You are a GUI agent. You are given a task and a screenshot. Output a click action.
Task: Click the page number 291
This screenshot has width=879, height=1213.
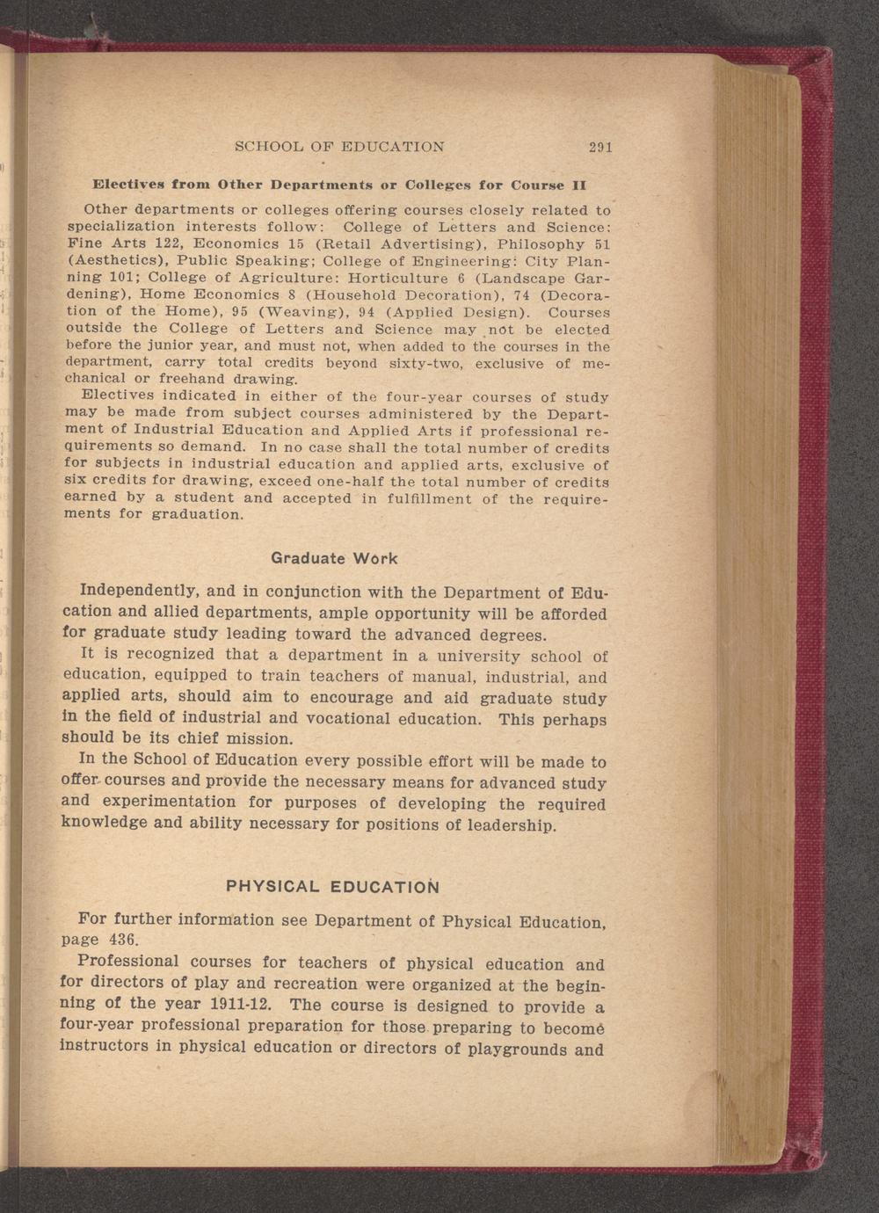tap(601, 148)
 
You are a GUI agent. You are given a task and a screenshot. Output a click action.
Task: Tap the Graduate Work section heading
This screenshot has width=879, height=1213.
tap(334, 558)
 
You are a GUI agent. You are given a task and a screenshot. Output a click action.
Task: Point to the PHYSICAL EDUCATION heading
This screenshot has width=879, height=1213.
tap(332, 885)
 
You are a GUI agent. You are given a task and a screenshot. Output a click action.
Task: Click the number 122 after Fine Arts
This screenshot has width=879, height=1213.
tap(170, 243)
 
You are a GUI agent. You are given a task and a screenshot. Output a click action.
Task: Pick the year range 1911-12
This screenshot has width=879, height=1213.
tap(219, 1004)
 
